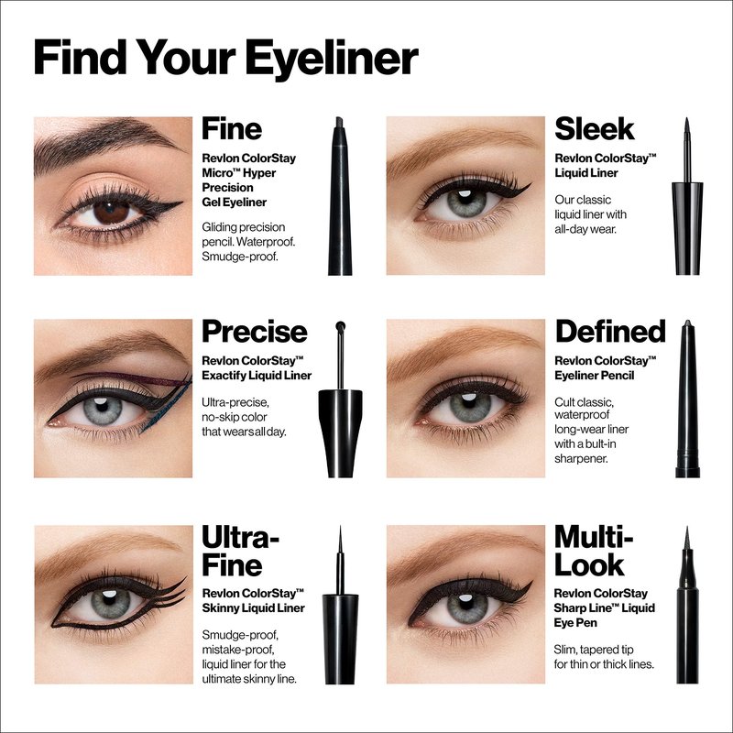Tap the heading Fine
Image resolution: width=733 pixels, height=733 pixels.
point(232,129)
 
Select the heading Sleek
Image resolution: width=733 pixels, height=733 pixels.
point(594,129)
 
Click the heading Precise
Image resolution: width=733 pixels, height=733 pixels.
point(255,332)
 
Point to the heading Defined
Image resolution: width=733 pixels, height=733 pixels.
point(610,331)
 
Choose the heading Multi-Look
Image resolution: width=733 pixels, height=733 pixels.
point(593,552)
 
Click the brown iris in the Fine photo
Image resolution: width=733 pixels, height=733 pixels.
point(112,212)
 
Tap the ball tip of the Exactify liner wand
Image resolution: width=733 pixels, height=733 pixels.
point(340,325)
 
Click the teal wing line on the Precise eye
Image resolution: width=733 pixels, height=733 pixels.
point(167,406)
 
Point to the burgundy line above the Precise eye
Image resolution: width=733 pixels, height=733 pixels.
point(126,377)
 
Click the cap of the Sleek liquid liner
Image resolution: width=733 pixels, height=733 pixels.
point(687,228)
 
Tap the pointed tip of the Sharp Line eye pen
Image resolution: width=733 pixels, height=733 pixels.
point(686,529)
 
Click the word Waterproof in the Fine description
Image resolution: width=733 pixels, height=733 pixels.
point(268,242)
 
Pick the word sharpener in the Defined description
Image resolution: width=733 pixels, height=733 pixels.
point(581,459)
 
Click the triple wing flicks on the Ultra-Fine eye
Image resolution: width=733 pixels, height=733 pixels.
point(170,591)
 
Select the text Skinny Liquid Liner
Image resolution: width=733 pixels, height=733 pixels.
point(254,607)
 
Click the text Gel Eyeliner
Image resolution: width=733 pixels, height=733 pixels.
point(235,202)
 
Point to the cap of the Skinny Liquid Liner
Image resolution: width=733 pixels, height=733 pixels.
point(340,639)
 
